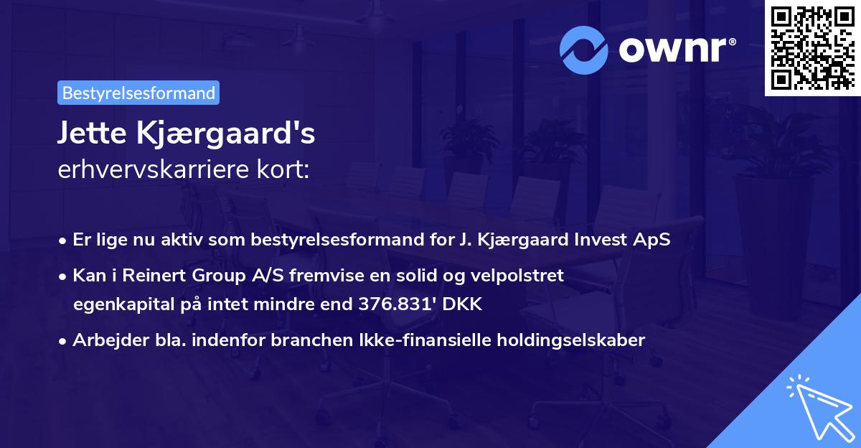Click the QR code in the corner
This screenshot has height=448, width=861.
(812, 47)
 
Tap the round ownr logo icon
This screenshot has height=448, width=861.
(584, 50)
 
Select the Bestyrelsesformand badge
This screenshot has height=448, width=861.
(138, 93)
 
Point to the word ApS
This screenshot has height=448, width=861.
(654, 240)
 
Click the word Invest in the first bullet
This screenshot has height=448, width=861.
(603, 240)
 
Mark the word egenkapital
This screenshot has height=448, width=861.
(118, 304)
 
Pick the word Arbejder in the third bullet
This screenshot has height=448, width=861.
(104, 340)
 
